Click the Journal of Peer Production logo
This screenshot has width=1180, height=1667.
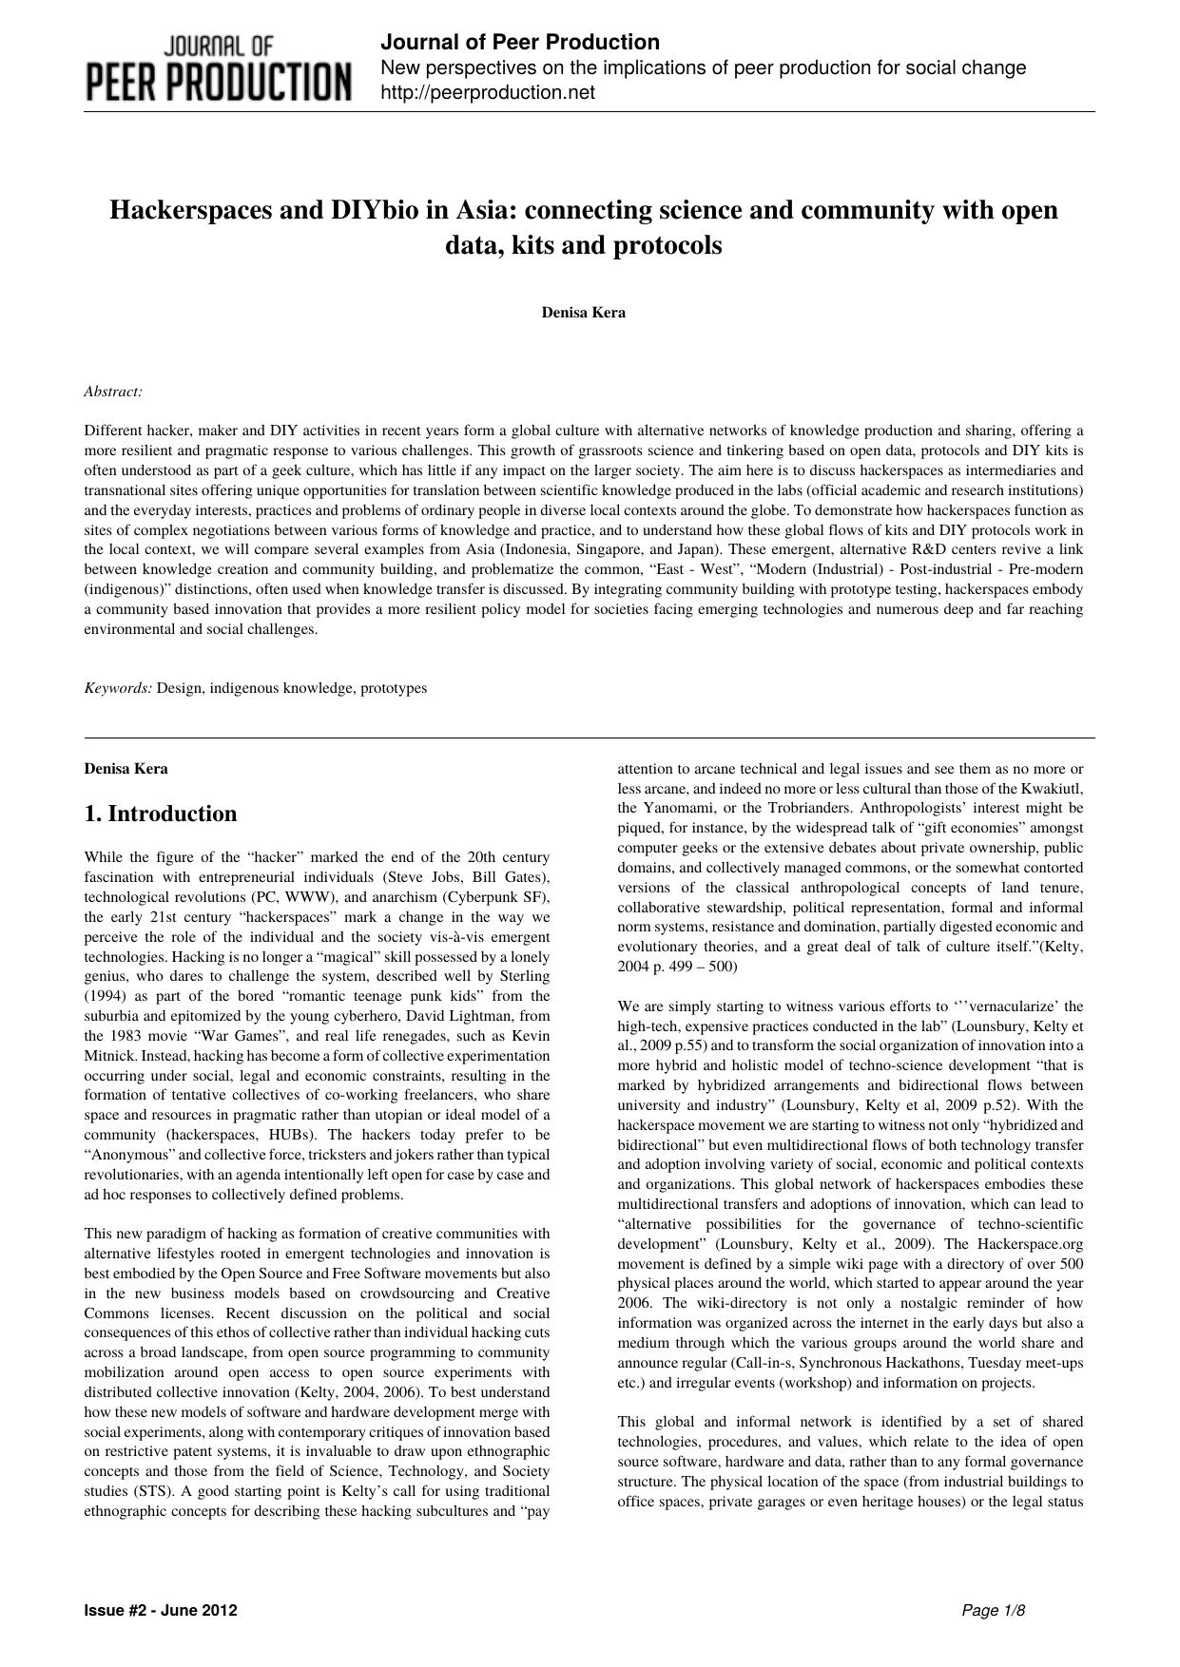pyautogui.click(x=219, y=68)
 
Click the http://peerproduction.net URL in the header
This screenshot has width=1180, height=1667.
pyautogui.click(x=487, y=92)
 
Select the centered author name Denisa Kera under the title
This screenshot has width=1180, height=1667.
pyautogui.click(x=584, y=312)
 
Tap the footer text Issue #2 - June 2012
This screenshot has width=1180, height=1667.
pyautogui.click(x=161, y=1610)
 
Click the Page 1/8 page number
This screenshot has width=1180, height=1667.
pyautogui.click(x=994, y=1610)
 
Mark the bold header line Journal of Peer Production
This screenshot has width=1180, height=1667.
pyautogui.click(x=519, y=43)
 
